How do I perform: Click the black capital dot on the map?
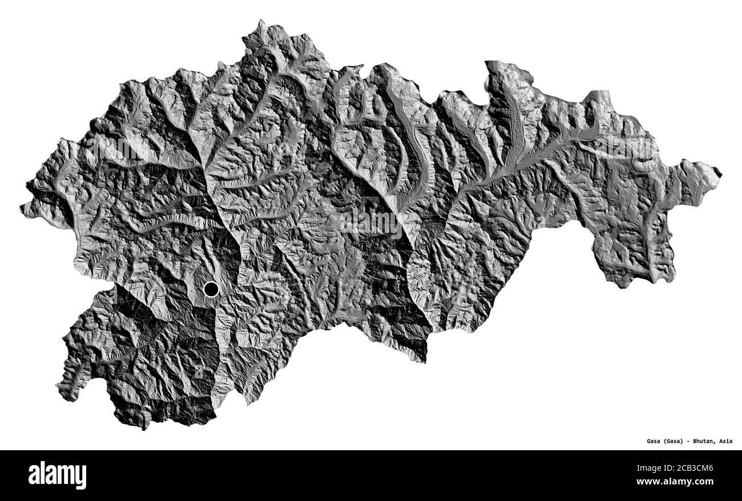pyautogui.click(x=211, y=289)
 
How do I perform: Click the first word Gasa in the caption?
pyautogui.click(x=654, y=441)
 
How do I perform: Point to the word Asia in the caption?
pyautogui.click(x=726, y=441)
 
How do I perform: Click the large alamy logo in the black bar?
pyautogui.click(x=57, y=475)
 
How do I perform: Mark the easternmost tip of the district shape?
pyautogui.click(x=720, y=172)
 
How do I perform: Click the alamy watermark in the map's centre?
pyautogui.click(x=371, y=223)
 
